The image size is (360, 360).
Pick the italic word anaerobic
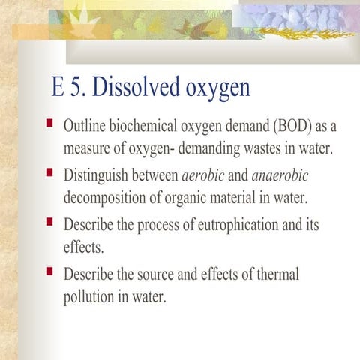pyautogui.click(x=279, y=175)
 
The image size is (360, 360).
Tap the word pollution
pyautogui.click(x=91, y=296)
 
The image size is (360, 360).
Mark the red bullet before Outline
pyautogui.click(x=49, y=121)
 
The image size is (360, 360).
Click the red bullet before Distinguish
pyautogui.click(x=49, y=172)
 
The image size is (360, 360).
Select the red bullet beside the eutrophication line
pyautogui.click(x=49, y=221)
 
